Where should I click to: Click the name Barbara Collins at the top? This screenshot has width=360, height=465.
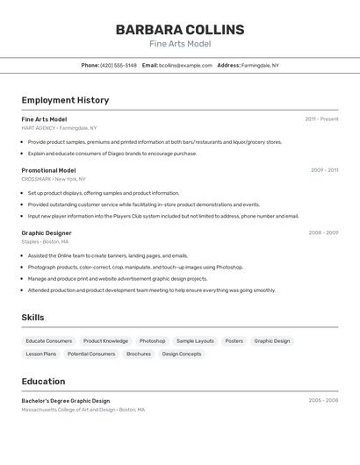[x=180, y=30]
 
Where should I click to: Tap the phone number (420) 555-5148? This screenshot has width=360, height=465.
[x=119, y=65]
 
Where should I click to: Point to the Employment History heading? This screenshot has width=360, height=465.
[x=65, y=100]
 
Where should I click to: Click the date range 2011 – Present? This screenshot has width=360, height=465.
[x=321, y=118]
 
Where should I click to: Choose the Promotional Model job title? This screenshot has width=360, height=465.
[x=48, y=170]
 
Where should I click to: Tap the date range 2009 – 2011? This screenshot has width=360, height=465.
[x=324, y=170]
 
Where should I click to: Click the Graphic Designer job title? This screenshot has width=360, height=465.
[x=46, y=232]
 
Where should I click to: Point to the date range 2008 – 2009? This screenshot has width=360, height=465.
[x=323, y=232]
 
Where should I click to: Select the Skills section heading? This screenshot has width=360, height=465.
[x=32, y=318]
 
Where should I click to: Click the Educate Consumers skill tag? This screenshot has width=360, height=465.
[x=49, y=340]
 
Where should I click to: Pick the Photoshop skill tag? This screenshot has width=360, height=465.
[x=152, y=340]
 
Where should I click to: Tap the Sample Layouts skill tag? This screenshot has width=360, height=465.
[x=195, y=340]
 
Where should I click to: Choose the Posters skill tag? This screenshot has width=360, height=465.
[x=234, y=340]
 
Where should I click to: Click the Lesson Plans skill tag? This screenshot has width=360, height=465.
[x=41, y=354]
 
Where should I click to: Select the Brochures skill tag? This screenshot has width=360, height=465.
[x=139, y=354]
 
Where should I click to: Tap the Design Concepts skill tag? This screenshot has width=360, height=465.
[x=182, y=354]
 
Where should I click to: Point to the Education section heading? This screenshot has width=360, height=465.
[x=43, y=382]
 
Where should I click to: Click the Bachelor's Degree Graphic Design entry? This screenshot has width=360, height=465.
[x=66, y=400]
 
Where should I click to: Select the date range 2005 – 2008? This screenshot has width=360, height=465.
[x=323, y=400]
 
